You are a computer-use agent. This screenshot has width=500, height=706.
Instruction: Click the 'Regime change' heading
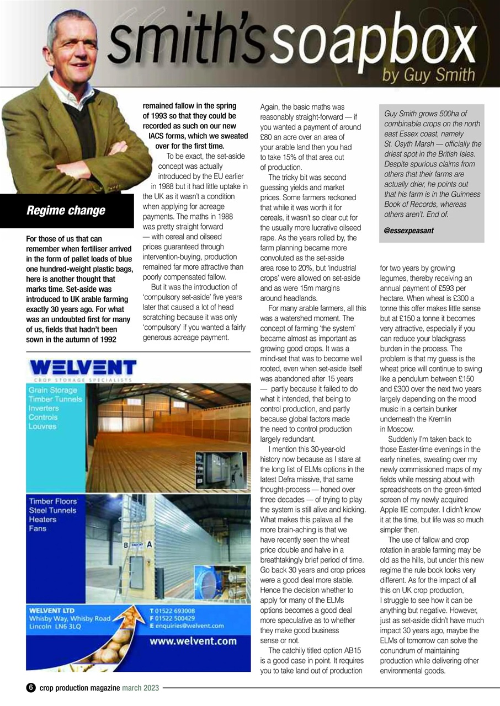[66, 211]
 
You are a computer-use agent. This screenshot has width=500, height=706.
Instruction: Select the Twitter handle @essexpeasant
[409, 231]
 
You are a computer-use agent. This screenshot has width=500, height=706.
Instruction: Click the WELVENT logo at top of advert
[83, 367]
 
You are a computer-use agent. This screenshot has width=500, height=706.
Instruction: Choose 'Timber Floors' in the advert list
[53, 501]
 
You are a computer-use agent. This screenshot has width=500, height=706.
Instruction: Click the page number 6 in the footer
[31, 688]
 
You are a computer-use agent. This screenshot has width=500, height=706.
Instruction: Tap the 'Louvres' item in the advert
[44, 426]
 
